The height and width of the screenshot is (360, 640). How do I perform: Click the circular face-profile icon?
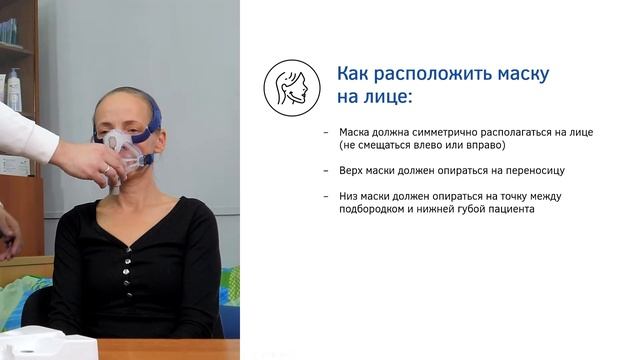click(x=291, y=86)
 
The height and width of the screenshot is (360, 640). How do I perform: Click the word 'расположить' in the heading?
click(x=425, y=74)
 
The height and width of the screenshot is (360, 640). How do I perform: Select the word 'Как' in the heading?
click(x=355, y=74)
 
